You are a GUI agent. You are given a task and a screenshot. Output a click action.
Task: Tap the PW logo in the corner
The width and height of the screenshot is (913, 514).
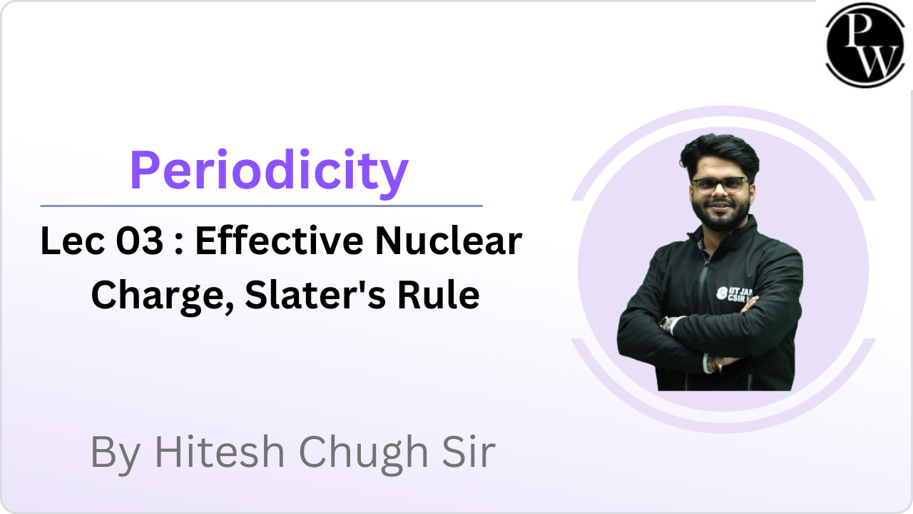(x=865, y=45)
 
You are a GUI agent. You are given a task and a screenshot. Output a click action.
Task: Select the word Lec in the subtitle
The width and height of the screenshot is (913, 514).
(x=73, y=241)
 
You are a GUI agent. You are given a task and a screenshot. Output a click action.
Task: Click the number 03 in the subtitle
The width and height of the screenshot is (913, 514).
(x=139, y=241)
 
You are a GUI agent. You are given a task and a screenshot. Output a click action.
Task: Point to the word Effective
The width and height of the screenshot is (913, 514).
(x=280, y=241)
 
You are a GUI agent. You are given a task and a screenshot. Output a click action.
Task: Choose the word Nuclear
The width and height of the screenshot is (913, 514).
(x=449, y=241)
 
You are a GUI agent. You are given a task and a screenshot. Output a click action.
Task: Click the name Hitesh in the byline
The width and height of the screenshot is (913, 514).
(x=220, y=452)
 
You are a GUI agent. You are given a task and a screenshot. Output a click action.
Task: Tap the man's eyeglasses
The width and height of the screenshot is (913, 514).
(x=720, y=186)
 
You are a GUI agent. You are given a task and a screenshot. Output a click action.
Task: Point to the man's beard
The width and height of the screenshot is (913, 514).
(x=721, y=213)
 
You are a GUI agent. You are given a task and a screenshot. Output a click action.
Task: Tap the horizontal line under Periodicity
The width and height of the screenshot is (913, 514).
(x=262, y=206)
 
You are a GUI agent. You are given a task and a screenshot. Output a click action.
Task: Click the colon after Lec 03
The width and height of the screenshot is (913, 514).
(x=178, y=245)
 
